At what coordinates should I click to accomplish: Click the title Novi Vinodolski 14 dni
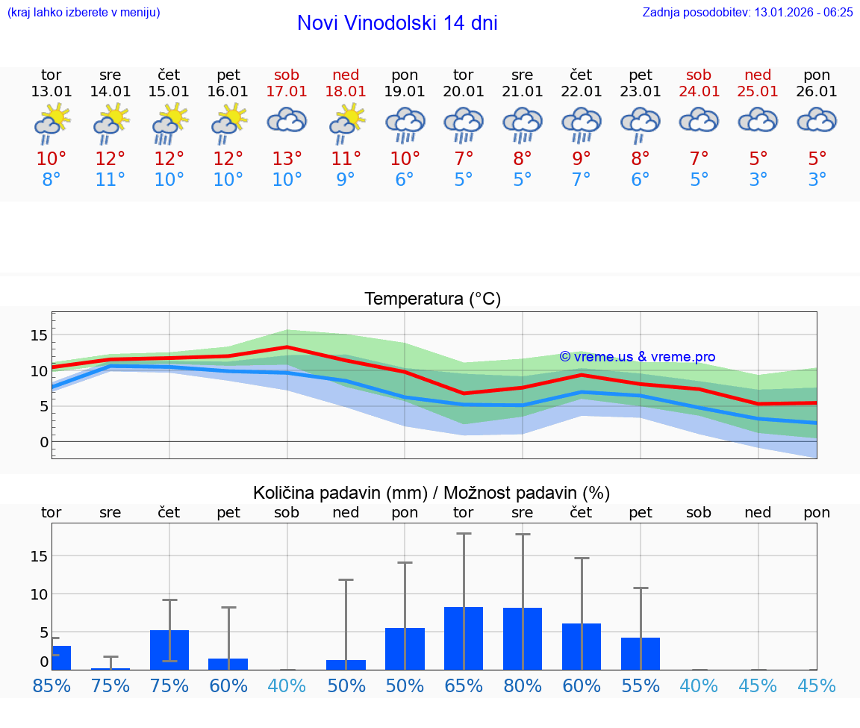(397, 23)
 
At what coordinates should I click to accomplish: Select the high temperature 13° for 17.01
(287, 158)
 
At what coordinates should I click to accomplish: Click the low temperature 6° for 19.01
(405, 180)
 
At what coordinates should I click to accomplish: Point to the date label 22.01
(582, 92)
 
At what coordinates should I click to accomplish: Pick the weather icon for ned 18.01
(346, 122)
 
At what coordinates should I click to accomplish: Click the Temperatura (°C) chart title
(432, 299)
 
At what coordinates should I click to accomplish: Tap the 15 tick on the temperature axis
(39, 335)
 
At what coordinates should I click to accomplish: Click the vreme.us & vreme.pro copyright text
(638, 357)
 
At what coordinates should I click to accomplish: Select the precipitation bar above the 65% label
(464, 638)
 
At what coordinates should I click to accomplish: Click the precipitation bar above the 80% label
(523, 639)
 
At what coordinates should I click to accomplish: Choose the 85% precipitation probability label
(52, 685)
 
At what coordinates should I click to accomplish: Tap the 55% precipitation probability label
(641, 685)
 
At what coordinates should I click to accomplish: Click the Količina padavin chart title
(431, 493)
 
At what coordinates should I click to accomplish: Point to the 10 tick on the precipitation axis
(39, 594)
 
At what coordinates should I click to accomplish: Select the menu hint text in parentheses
(84, 12)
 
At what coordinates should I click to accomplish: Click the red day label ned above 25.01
(758, 75)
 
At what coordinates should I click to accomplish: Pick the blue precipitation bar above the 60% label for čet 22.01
(582, 647)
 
